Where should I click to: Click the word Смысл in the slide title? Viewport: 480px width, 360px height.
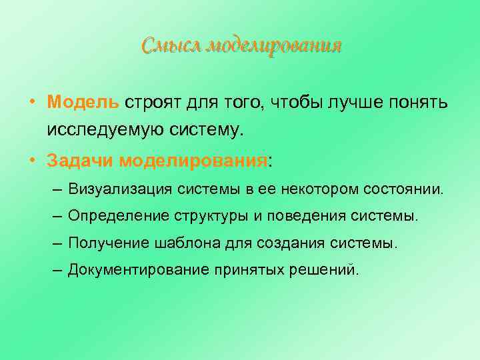point(171,46)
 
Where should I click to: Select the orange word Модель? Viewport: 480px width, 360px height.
point(83,103)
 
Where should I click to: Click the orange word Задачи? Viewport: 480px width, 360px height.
point(81,161)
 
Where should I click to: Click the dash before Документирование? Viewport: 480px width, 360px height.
point(55,270)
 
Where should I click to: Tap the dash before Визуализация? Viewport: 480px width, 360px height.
point(55,189)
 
